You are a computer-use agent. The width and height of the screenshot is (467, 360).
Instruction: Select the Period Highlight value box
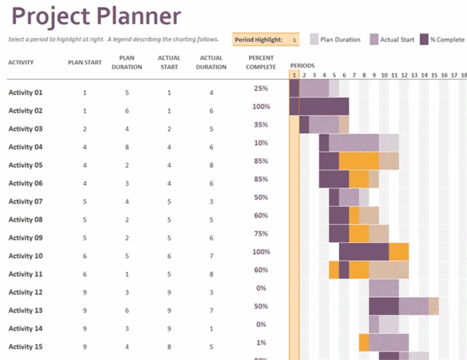tap(294, 40)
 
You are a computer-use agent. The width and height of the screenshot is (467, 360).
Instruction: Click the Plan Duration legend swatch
tap(314, 40)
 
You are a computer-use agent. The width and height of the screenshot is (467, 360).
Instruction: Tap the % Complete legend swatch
tap(424, 40)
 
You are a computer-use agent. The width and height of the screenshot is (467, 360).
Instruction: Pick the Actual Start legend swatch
tap(374, 40)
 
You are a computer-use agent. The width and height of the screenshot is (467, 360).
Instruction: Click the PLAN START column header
tap(85, 63)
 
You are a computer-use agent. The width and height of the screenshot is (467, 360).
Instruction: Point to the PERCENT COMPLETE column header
tap(261, 63)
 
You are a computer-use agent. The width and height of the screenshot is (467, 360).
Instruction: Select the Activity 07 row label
tap(26, 202)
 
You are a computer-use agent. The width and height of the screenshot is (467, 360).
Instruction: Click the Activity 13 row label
tap(26, 311)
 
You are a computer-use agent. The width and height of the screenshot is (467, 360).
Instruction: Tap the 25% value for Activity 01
tap(261, 89)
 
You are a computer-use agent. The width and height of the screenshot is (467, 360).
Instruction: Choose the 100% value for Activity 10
tap(261, 252)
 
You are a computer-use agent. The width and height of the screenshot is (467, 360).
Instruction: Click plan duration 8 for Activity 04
tap(127, 147)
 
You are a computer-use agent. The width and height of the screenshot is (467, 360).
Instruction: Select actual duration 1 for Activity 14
tap(211, 329)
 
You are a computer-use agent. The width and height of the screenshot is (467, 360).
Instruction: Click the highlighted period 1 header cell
tap(294, 75)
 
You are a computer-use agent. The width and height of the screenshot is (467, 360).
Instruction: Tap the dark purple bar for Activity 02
tap(319, 106)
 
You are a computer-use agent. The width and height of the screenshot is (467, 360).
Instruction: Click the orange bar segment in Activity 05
tap(359, 161)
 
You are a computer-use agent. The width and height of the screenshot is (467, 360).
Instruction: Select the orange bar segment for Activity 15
tap(364, 342)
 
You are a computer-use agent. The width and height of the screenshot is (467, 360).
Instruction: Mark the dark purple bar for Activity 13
tap(384, 306)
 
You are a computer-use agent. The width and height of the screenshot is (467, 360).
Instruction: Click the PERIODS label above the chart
tap(302, 65)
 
